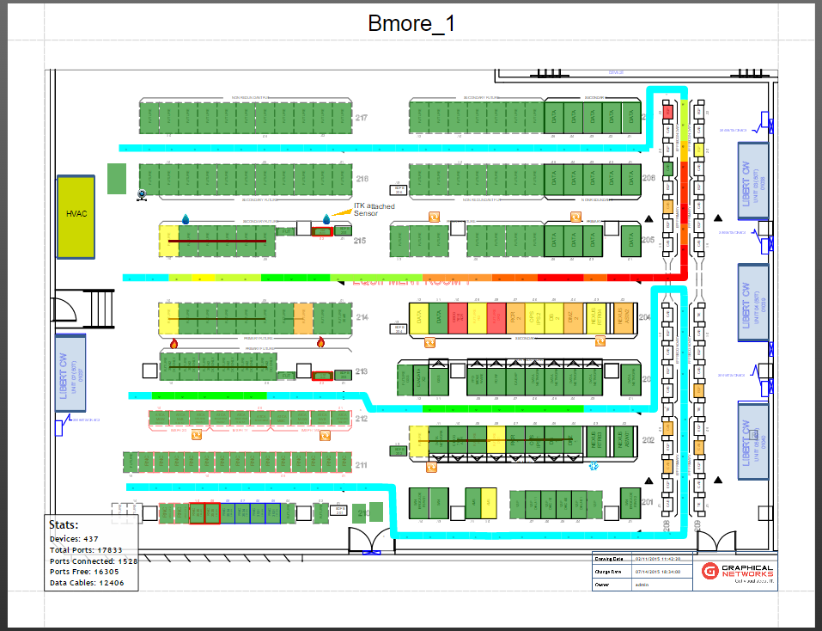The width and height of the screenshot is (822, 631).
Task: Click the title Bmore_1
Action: click(411, 23)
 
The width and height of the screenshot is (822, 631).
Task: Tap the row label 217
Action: click(362, 118)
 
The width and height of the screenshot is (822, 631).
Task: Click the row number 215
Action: click(360, 241)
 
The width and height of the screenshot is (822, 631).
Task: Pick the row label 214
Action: click(362, 318)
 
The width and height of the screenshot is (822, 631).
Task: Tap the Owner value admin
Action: click(641, 585)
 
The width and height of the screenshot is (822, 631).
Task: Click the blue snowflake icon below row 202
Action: click(592, 467)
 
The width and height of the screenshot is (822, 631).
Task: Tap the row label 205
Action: click(648, 240)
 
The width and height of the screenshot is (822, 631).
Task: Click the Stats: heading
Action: click(64, 524)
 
